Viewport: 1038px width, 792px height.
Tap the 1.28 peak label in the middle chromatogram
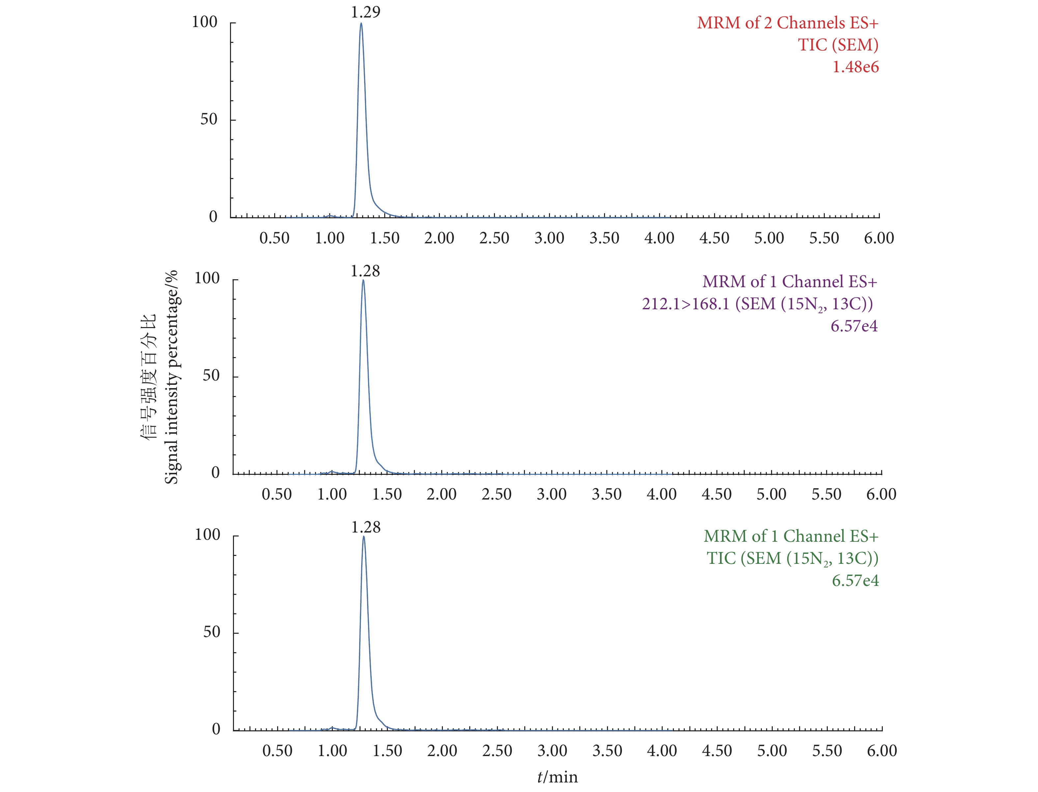point(365,271)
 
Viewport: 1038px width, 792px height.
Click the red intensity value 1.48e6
point(855,67)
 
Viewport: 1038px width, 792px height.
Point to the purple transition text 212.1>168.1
point(685,304)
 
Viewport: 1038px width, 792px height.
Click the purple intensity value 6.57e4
point(854,326)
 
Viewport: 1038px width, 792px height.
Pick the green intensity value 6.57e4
point(855,580)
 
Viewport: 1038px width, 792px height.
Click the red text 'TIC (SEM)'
point(838,45)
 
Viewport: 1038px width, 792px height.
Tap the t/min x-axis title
point(558,777)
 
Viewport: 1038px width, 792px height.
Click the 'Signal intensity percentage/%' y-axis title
point(171,377)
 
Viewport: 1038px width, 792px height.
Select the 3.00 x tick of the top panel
point(549,238)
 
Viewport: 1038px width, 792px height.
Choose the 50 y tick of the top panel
point(209,119)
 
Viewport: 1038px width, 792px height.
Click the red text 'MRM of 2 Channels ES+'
point(787,23)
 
